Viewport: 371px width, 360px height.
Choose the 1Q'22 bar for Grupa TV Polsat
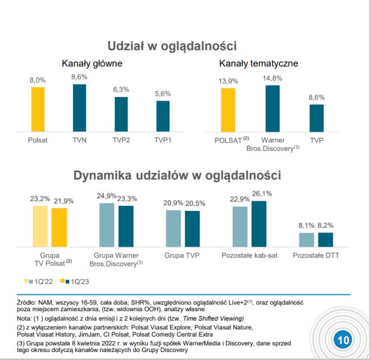click(x=40, y=226)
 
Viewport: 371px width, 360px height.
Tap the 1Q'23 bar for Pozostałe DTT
click(x=326, y=239)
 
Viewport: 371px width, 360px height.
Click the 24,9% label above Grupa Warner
click(x=106, y=196)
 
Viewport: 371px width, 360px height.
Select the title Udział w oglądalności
click(x=172, y=46)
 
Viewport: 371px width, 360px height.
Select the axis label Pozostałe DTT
click(x=316, y=256)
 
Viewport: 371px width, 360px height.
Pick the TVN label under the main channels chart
click(x=79, y=139)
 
